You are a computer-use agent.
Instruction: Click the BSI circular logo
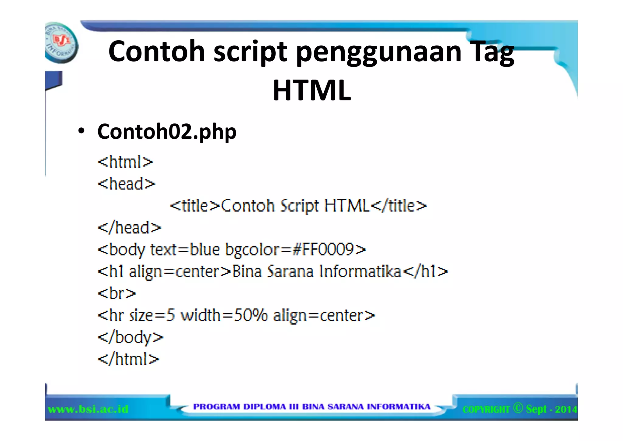[x=61, y=43]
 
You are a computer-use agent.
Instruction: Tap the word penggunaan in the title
[x=379, y=52]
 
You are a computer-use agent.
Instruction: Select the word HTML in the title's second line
[x=312, y=90]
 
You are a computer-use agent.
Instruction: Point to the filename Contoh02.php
[x=167, y=132]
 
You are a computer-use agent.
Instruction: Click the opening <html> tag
[x=125, y=162]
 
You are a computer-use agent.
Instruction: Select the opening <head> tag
[x=126, y=184]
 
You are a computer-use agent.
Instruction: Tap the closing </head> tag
[x=129, y=228]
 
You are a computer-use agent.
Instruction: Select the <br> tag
[x=117, y=293]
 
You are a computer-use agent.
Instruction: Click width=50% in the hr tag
[x=224, y=315]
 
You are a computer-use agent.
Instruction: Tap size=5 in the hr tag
[x=152, y=315]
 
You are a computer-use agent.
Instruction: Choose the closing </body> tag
[x=130, y=337]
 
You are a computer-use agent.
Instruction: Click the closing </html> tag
[x=128, y=359]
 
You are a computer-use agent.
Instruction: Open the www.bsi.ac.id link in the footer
[x=88, y=409]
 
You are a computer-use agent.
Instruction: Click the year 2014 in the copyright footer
[x=566, y=409]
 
